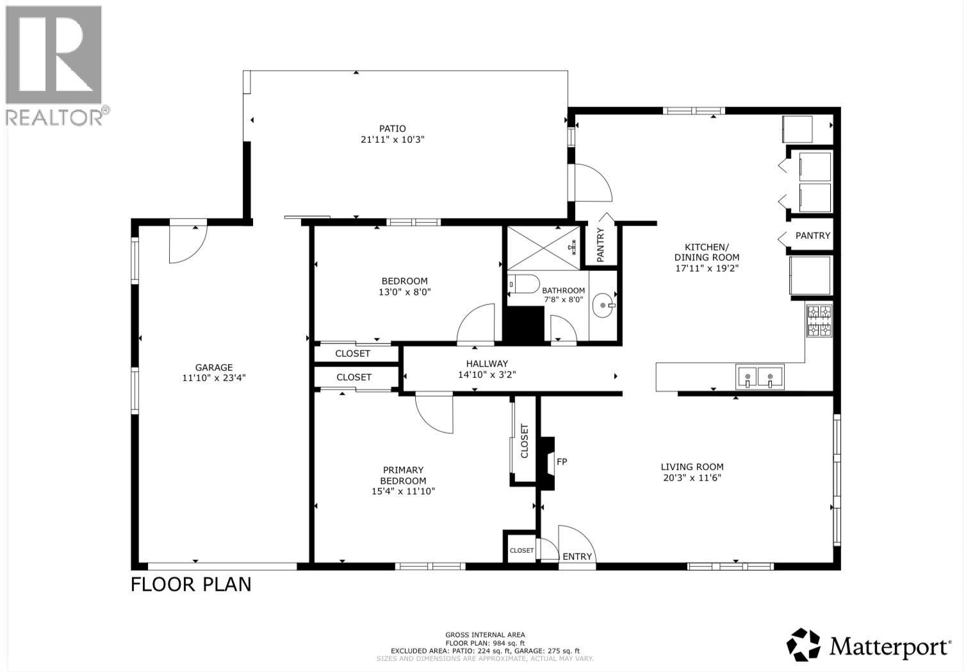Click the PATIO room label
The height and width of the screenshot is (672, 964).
click(392, 128)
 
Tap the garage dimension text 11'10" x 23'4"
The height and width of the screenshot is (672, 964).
click(214, 378)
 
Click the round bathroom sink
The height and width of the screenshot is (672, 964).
click(602, 306)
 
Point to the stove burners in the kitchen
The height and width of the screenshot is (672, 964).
click(819, 321)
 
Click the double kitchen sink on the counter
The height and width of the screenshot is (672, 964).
click(760, 376)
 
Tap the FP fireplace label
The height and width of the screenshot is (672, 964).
click(562, 461)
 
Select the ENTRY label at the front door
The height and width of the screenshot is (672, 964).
click(577, 556)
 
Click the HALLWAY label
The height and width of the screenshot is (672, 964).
click(487, 363)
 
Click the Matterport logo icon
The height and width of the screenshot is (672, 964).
click(803, 644)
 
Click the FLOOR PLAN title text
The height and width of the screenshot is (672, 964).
click(191, 584)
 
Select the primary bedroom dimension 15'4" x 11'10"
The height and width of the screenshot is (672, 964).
click(403, 491)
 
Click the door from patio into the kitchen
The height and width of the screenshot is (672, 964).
click(592, 183)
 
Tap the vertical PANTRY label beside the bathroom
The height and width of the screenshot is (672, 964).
click(601, 245)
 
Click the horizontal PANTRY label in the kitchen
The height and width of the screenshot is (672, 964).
click(812, 236)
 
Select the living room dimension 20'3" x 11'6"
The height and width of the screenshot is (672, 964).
click(692, 477)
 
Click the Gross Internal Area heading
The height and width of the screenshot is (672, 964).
click(485, 635)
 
